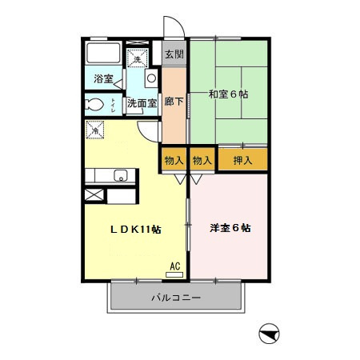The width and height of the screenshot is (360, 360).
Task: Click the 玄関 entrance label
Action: (x=174, y=55)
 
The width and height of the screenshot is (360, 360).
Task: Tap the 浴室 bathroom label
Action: (x=103, y=78)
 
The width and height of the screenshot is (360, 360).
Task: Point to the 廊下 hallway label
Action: (x=174, y=102)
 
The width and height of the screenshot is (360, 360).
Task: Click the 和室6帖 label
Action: (x=230, y=94)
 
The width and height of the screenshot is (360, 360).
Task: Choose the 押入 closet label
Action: (x=242, y=160)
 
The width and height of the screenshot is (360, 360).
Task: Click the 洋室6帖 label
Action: (x=230, y=228)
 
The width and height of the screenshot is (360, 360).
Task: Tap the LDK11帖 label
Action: (x=136, y=229)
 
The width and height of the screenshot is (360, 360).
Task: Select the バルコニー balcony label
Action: (x=176, y=298)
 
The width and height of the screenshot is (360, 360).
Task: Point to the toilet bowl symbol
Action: (x=94, y=105)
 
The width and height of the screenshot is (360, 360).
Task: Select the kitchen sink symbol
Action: (x=120, y=176)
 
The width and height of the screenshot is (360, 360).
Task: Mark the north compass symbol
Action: (x=270, y=333)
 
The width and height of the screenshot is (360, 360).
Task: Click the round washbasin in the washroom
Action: (x=150, y=79)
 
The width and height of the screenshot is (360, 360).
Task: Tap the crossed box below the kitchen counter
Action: (x=93, y=195)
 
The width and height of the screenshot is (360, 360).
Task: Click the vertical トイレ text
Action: (x=114, y=103)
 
